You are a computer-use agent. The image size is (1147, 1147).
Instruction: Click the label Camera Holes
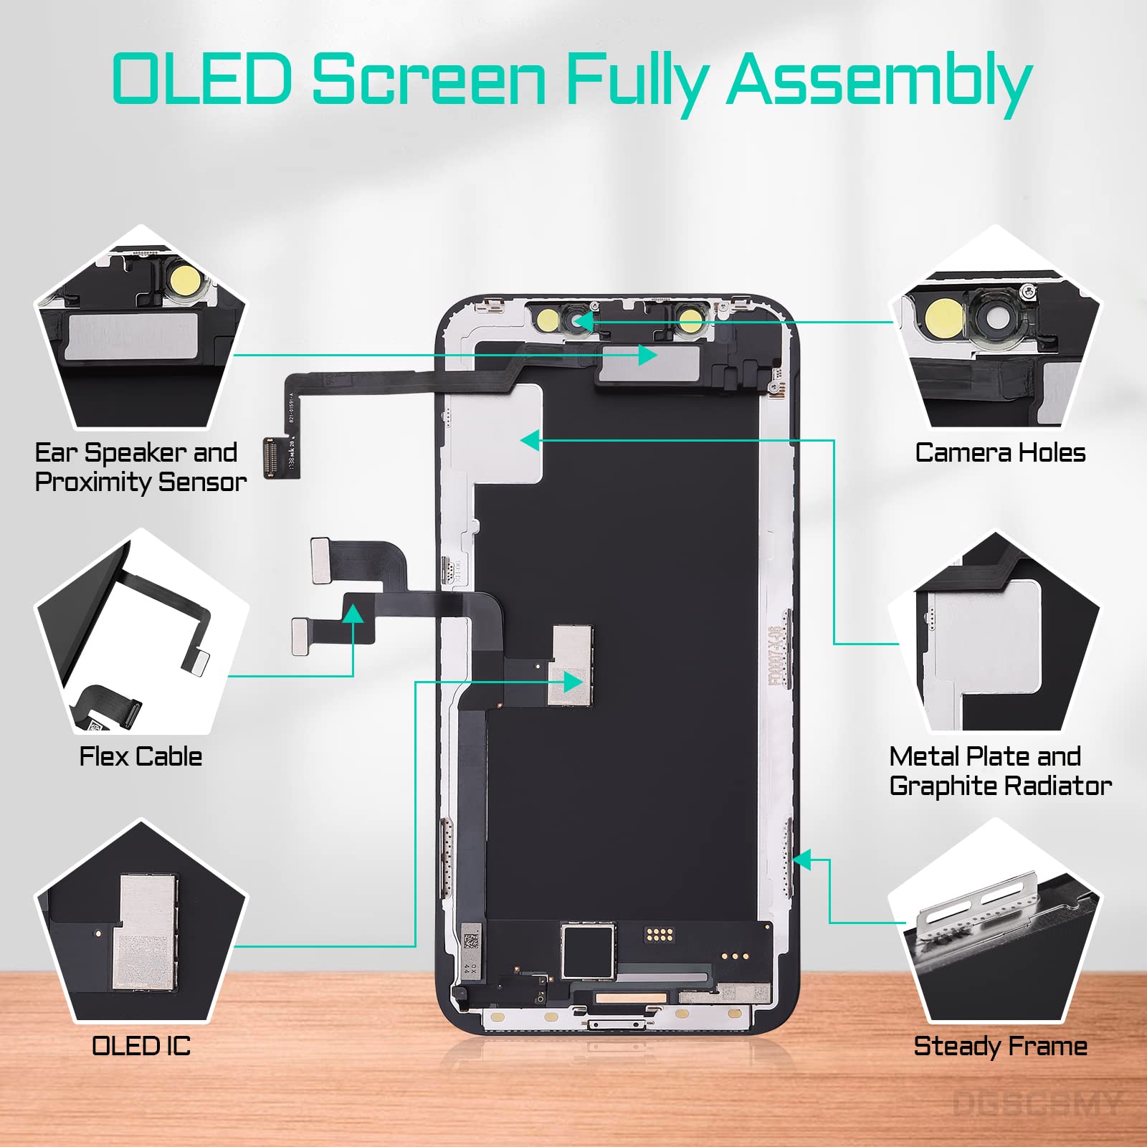pyautogui.click(x=1000, y=453)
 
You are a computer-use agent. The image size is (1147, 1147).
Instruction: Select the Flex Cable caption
pyautogui.click(x=141, y=756)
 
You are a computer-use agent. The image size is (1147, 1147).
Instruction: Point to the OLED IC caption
pyautogui.click(x=141, y=1046)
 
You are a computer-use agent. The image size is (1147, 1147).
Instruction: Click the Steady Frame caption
pyautogui.click(x=1000, y=1046)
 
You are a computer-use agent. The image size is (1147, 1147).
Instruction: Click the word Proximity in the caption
pyautogui.click(x=92, y=482)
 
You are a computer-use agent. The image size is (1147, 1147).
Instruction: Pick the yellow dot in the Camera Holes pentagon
pyautogui.click(x=943, y=316)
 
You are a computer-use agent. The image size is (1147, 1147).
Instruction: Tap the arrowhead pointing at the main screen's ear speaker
pyautogui.click(x=648, y=355)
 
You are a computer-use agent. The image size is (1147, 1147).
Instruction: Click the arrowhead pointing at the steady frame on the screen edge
pyautogui.click(x=801, y=860)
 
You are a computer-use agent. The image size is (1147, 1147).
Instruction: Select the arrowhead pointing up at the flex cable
pyautogui.click(x=353, y=614)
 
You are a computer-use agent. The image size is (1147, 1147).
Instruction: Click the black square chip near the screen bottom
pyautogui.click(x=588, y=951)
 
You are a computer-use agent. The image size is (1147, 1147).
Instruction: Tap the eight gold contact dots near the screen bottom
pyautogui.click(x=659, y=934)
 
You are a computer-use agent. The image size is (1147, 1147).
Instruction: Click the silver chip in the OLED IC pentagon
pyautogui.click(x=148, y=932)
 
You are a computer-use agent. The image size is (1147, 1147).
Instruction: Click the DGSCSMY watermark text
pyautogui.click(x=1036, y=1104)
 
